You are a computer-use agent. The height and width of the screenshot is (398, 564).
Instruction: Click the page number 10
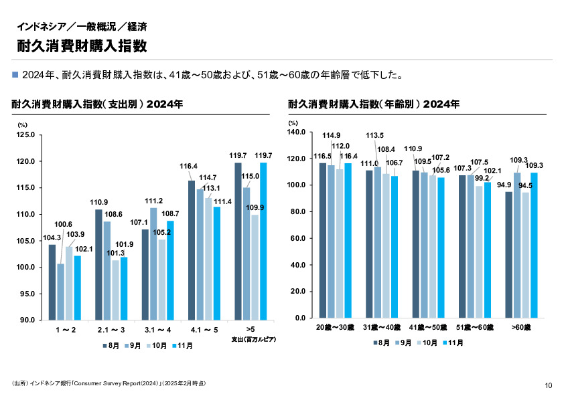pyautogui.click(x=549, y=385)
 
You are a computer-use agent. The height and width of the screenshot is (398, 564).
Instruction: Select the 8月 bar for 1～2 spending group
pyautogui.click(x=52, y=282)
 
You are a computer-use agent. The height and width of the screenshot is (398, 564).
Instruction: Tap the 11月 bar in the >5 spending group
pyautogui.click(x=263, y=241)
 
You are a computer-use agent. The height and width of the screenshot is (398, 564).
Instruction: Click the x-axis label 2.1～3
pyautogui.click(x=111, y=330)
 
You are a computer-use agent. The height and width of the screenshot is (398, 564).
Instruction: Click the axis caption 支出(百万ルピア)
pyautogui.click(x=254, y=339)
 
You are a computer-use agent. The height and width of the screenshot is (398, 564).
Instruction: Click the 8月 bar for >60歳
pyautogui.click(x=508, y=255)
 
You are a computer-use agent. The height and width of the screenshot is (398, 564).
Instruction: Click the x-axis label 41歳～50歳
pyautogui.click(x=428, y=328)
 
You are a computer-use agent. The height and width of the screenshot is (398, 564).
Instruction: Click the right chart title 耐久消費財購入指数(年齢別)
pyautogui.click(x=374, y=104)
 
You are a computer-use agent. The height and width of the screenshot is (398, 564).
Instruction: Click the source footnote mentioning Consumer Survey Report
pyautogui.click(x=109, y=383)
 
